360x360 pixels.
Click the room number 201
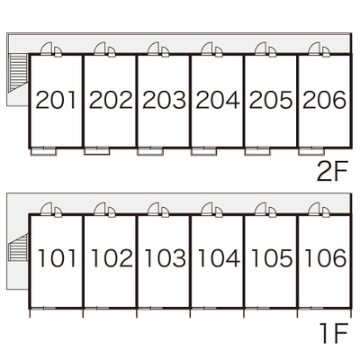coord(56,100)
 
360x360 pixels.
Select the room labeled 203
coord(164,100)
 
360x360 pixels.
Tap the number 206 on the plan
coord(324,100)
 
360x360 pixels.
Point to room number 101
coord(57,258)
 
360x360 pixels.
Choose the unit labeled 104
coord(220,258)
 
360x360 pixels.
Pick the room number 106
coord(326,258)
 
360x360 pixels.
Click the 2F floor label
coord(332,172)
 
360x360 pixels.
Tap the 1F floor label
coord(334,333)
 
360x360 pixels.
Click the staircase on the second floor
coord(18,72)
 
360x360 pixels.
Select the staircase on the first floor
coord(19,247)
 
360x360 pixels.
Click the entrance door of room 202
coord(100,49)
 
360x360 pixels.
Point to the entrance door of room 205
coord(261,49)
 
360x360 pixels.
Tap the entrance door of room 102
coord(100,209)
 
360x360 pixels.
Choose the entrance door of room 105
coord(261,209)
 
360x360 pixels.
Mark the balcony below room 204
coord(204,151)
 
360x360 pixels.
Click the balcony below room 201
coord(44,151)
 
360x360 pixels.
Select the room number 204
coord(218,100)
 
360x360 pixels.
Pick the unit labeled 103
coord(166,258)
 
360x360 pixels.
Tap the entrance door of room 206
coord(314,49)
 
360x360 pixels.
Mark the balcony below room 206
coord(311,151)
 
